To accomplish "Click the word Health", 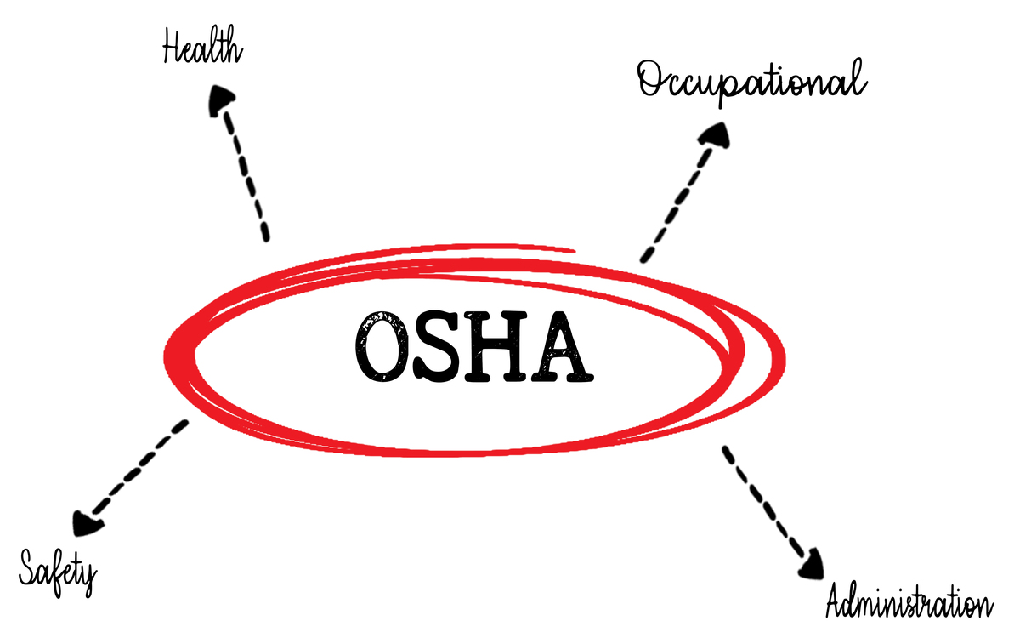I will click(x=202, y=48).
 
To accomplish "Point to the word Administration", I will click(x=908, y=603).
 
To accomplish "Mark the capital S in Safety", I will click(x=30, y=566).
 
